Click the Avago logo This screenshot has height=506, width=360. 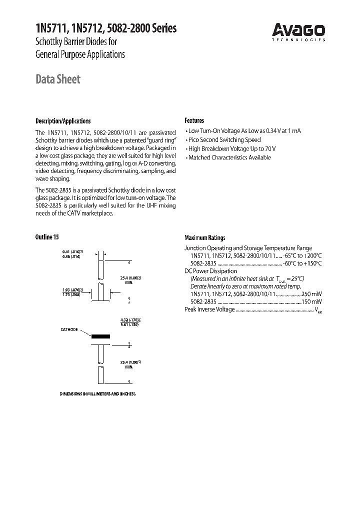pyautogui.click(x=299, y=31)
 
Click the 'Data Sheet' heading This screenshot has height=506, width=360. pyautogui.click(x=58, y=79)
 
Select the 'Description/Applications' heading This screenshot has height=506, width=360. pyautogui.click(x=63, y=121)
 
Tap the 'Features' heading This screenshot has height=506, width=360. pyautogui.click(x=194, y=120)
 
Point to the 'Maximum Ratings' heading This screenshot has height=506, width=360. pyautogui.click(x=204, y=238)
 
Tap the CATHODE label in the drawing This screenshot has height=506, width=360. pyautogui.click(x=69, y=329)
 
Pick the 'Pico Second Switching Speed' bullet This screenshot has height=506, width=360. pyautogui.click(x=224, y=140)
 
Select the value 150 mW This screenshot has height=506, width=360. pyautogui.click(x=311, y=302)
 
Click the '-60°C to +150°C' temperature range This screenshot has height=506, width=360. pyautogui.click(x=302, y=263)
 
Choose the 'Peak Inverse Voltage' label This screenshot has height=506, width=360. pyautogui.click(x=210, y=309)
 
